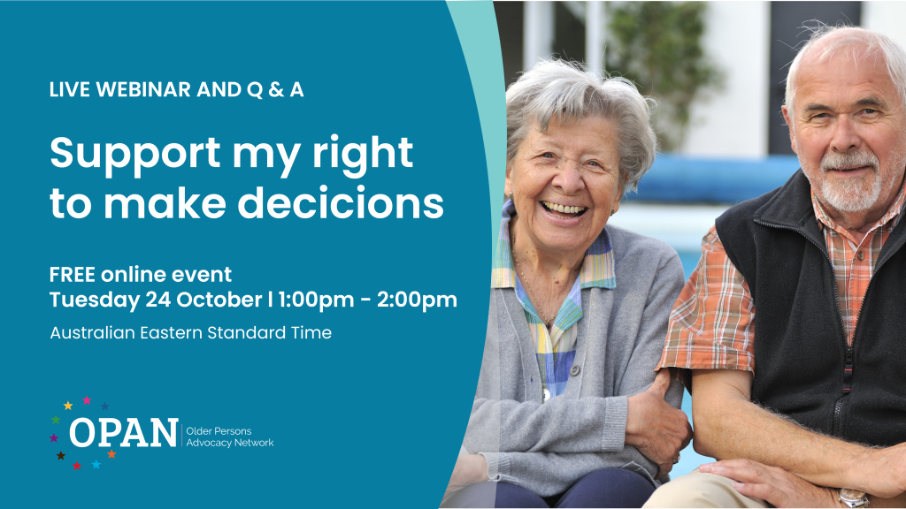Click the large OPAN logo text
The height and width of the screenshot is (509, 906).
(x=123, y=432)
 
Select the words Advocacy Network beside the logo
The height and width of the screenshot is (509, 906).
(x=230, y=443)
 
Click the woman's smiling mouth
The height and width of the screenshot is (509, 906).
(x=564, y=209)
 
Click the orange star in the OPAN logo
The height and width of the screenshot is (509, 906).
(x=111, y=454)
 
